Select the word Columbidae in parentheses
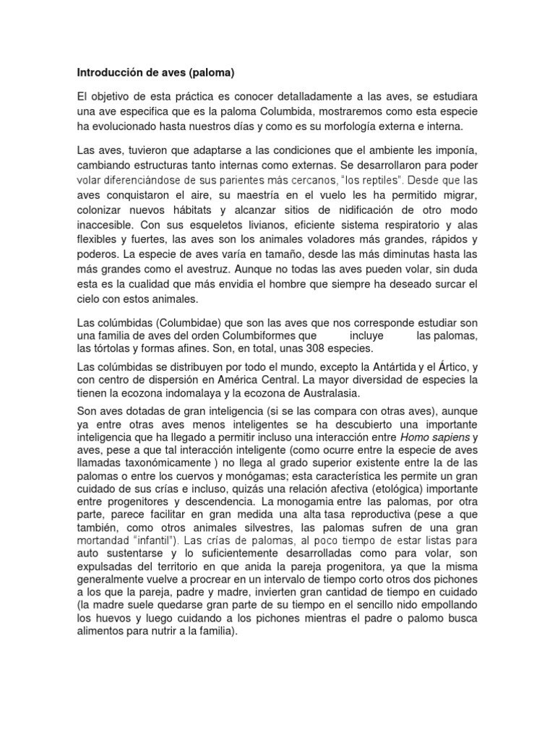tap(180, 321)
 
